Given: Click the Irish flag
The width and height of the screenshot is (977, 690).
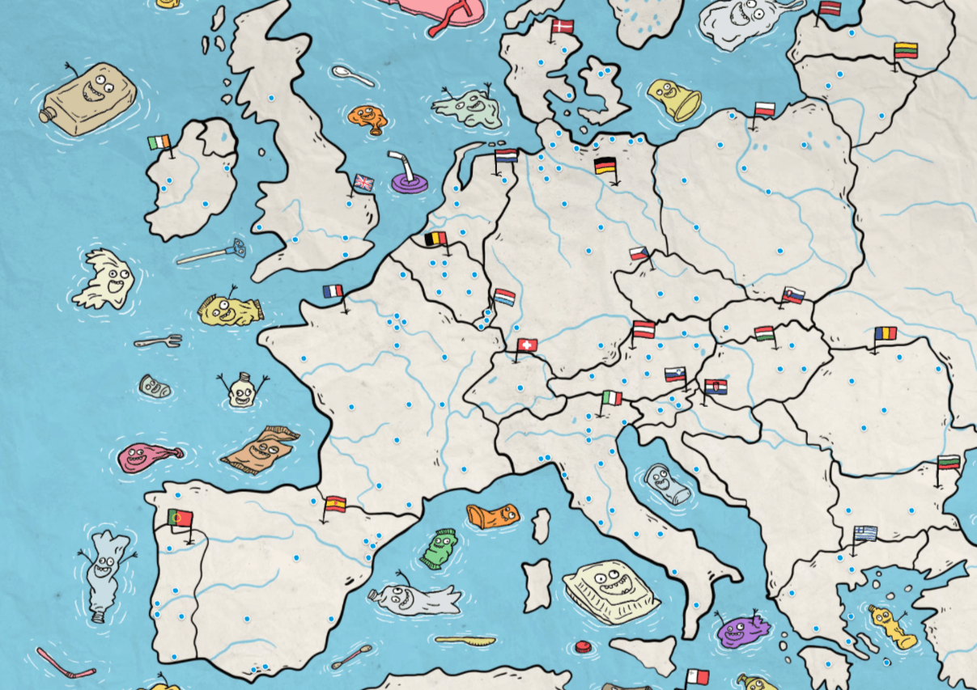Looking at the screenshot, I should [x=159, y=143].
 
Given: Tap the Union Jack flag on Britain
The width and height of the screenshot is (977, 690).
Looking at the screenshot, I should [x=363, y=183].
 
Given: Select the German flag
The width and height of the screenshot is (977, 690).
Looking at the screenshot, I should [x=605, y=166].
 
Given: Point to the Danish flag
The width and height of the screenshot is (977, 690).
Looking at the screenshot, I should [x=562, y=27].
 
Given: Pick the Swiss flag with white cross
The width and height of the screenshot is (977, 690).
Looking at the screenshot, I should [x=527, y=345].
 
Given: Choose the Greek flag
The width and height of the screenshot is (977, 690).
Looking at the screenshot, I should [x=864, y=533].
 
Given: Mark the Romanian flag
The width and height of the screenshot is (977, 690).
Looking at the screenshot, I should [x=886, y=333].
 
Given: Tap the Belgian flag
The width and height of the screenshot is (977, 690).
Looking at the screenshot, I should [x=435, y=239].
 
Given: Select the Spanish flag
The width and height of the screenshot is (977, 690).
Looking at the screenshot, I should [x=335, y=505].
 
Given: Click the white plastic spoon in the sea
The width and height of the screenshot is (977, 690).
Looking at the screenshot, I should [x=352, y=76].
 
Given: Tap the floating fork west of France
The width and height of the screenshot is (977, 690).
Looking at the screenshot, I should [x=159, y=341].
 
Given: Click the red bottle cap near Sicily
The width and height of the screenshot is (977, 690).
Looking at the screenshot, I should [x=582, y=646].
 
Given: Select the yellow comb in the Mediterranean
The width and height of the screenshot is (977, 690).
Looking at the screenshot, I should [x=465, y=641].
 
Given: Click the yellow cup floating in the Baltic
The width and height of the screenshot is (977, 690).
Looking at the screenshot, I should [x=674, y=99].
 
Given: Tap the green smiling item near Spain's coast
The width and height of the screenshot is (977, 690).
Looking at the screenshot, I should [x=440, y=548].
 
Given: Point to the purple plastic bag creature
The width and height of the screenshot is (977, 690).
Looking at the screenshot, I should [x=741, y=629].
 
